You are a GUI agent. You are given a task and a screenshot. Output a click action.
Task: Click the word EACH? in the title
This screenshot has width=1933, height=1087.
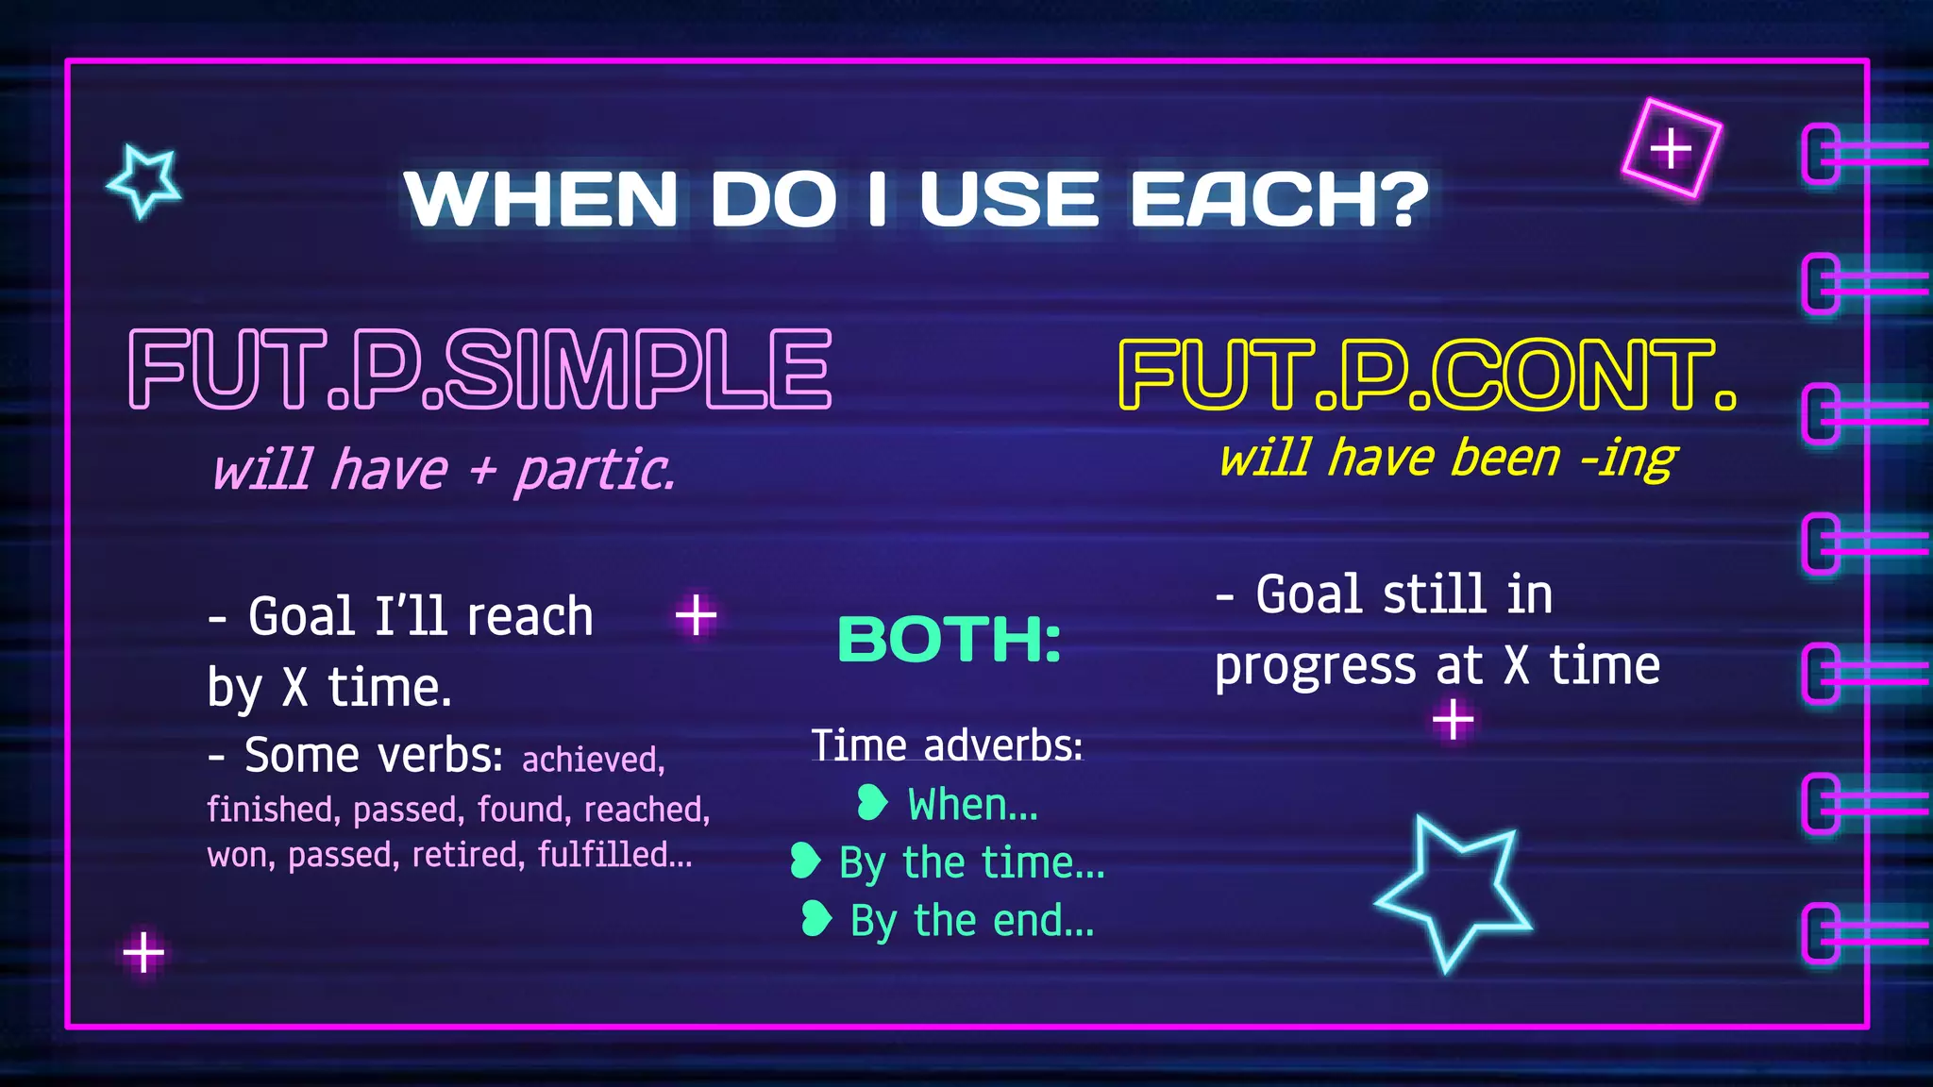point(1280,199)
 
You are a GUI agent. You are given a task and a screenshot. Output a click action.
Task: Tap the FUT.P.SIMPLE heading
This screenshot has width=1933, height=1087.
point(480,369)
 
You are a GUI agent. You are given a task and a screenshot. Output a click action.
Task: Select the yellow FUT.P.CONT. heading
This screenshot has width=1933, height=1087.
point(1426,375)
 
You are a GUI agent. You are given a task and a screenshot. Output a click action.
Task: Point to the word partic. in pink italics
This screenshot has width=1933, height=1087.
point(595,470)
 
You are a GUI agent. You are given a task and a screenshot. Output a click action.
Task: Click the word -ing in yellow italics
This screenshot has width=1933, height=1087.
point(1628,459)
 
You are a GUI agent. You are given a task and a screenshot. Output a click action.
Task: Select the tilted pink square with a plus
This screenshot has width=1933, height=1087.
point(1672,148)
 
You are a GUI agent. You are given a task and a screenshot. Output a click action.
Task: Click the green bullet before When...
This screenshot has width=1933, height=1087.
point(871,803)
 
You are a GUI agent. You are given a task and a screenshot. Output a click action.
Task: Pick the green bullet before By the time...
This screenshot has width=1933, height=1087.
point(804,861)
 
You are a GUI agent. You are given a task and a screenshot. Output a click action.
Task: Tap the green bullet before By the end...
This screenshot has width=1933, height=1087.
point(815,918)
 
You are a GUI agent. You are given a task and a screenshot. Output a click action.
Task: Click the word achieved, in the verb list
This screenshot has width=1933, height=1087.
point(594,760)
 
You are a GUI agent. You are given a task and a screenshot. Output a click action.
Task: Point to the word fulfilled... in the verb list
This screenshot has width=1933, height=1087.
point(614,854)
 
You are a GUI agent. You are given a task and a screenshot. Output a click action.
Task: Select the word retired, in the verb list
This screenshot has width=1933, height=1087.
point(468,854)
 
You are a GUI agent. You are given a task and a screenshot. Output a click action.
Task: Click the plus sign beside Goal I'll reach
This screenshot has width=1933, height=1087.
point(697,615)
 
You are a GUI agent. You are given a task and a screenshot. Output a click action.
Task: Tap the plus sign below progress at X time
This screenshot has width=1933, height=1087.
point(1453,721)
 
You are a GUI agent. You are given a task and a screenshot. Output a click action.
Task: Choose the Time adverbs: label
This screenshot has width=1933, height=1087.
point(947,745)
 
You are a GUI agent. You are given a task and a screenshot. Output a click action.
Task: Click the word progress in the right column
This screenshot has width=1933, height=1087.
point(1315,667)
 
